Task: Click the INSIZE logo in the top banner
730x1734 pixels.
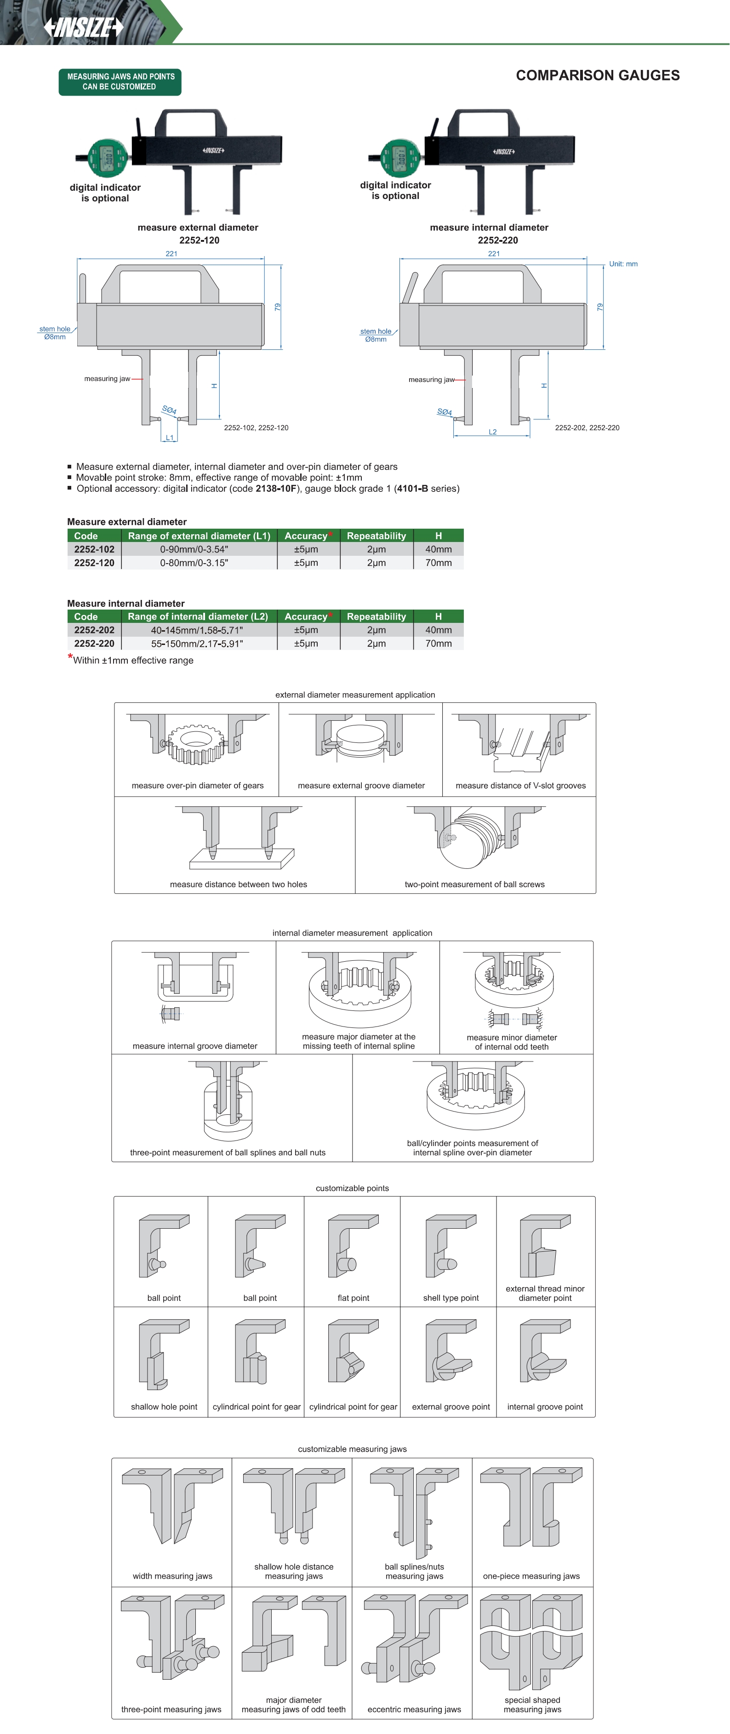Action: pyautogui.click(x=84, y=27)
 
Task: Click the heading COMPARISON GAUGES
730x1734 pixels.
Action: pyautogui.click(x=597, y=75)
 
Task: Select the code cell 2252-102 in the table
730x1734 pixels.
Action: pyautogui.click(x=94, y=549)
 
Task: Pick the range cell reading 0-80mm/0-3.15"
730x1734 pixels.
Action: pyautogui.click(x=194, y=563)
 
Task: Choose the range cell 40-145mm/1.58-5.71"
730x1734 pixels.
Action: pyautogui.click(x=197, y=630)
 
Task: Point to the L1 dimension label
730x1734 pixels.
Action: pyautogui.click(x=170, y=438)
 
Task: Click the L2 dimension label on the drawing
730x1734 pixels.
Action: pyautogui.click(x=492, y=432)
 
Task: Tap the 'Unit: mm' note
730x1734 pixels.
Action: pyautogui.click(x=623, y=264)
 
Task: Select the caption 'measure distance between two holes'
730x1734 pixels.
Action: pyautogui.click(x=239, y=884)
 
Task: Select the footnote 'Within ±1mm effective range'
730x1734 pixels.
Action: pyautogui.click(x=133, y=660)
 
